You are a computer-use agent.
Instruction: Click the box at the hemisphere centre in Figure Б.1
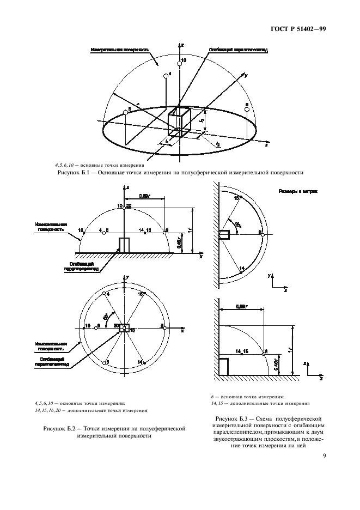(180, 122)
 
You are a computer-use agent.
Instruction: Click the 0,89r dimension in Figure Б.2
(145, 196)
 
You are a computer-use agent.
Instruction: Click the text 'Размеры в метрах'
(298, 192)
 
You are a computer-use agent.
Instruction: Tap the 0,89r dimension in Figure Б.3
(242, 308)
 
